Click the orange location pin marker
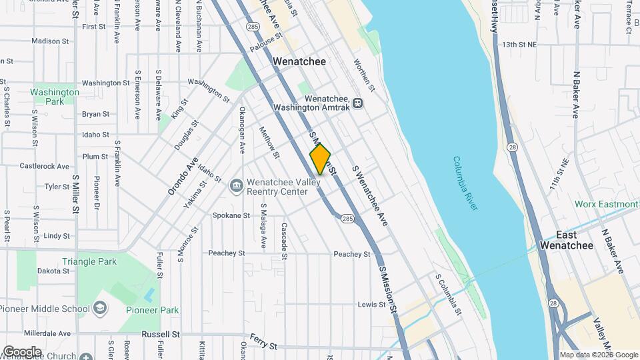tap(320, 159)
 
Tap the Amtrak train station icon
tap(358, 103)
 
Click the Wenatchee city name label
tap(299, 61)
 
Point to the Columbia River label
tap(465, 183)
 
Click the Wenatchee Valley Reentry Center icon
tap(235, 186)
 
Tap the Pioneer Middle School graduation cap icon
tap(100, 308)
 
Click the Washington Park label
tap(55, 97)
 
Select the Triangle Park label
tap(89, 262)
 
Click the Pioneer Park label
tap(152, 310)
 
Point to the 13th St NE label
tap(519, 44)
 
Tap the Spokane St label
tap(231, 215)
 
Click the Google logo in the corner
tap(22, 351)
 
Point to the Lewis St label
tap(372, 304)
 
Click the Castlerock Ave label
tap(45, 166)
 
